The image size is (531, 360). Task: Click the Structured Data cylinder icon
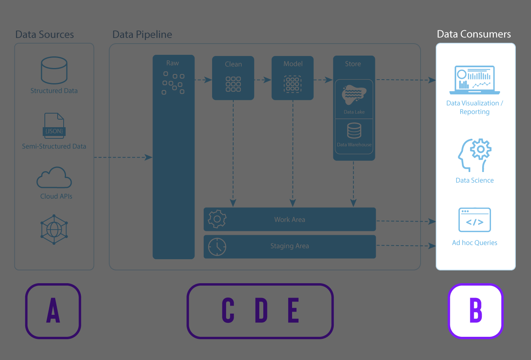(54, 70)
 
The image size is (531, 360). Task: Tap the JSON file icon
(54, 125)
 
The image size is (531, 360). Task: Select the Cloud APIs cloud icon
(54, 178)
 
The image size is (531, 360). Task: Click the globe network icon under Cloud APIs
(54, 229)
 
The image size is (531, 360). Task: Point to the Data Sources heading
(44, 34)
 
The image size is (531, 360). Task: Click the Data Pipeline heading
(142, 34)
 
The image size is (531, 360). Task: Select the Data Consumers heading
(474, 34)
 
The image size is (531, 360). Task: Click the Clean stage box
(233, 78)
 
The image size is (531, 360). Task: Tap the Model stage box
(293, 78)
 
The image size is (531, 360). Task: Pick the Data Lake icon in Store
(354, 95)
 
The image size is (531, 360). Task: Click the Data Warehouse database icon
(354, 131)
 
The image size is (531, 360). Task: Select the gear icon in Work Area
(217, 219)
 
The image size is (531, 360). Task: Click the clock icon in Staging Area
(217, 247)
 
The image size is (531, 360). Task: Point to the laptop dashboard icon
(475, 80)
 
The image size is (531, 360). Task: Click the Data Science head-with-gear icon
(475, 155)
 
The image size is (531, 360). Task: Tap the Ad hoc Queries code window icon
(475, 220)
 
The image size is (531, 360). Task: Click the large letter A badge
(53, 311)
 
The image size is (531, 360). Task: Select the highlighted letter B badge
(475, 311)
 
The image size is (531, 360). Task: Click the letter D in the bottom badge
(261, 310)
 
